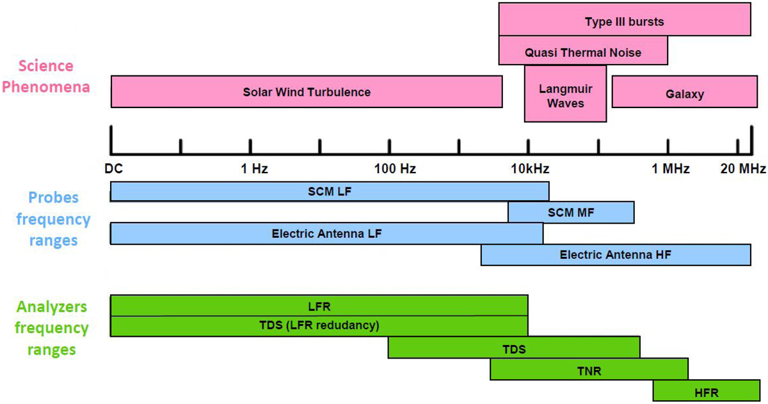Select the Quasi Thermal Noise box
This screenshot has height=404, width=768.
coord(582,52)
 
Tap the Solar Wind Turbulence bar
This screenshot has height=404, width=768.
coord(307,91)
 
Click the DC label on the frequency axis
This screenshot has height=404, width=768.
coord(113,169)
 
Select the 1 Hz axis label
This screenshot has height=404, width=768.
coord(254,169)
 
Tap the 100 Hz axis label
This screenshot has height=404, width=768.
coord(396,169)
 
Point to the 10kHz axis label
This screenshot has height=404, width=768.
coord(530,169)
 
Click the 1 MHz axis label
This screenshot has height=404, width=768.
coord(671,169)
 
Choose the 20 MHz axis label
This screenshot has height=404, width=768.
coord(742,169)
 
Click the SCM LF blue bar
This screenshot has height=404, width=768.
coord(330,191)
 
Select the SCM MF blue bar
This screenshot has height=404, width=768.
coord(571,212)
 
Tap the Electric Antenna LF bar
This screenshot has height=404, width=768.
coord(326,233)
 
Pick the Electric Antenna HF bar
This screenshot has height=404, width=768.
coord(615,254)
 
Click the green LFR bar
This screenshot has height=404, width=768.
coord(319,306)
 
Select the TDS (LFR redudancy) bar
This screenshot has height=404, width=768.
coord(319,326)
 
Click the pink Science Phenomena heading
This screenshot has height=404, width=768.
coord(46,76)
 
